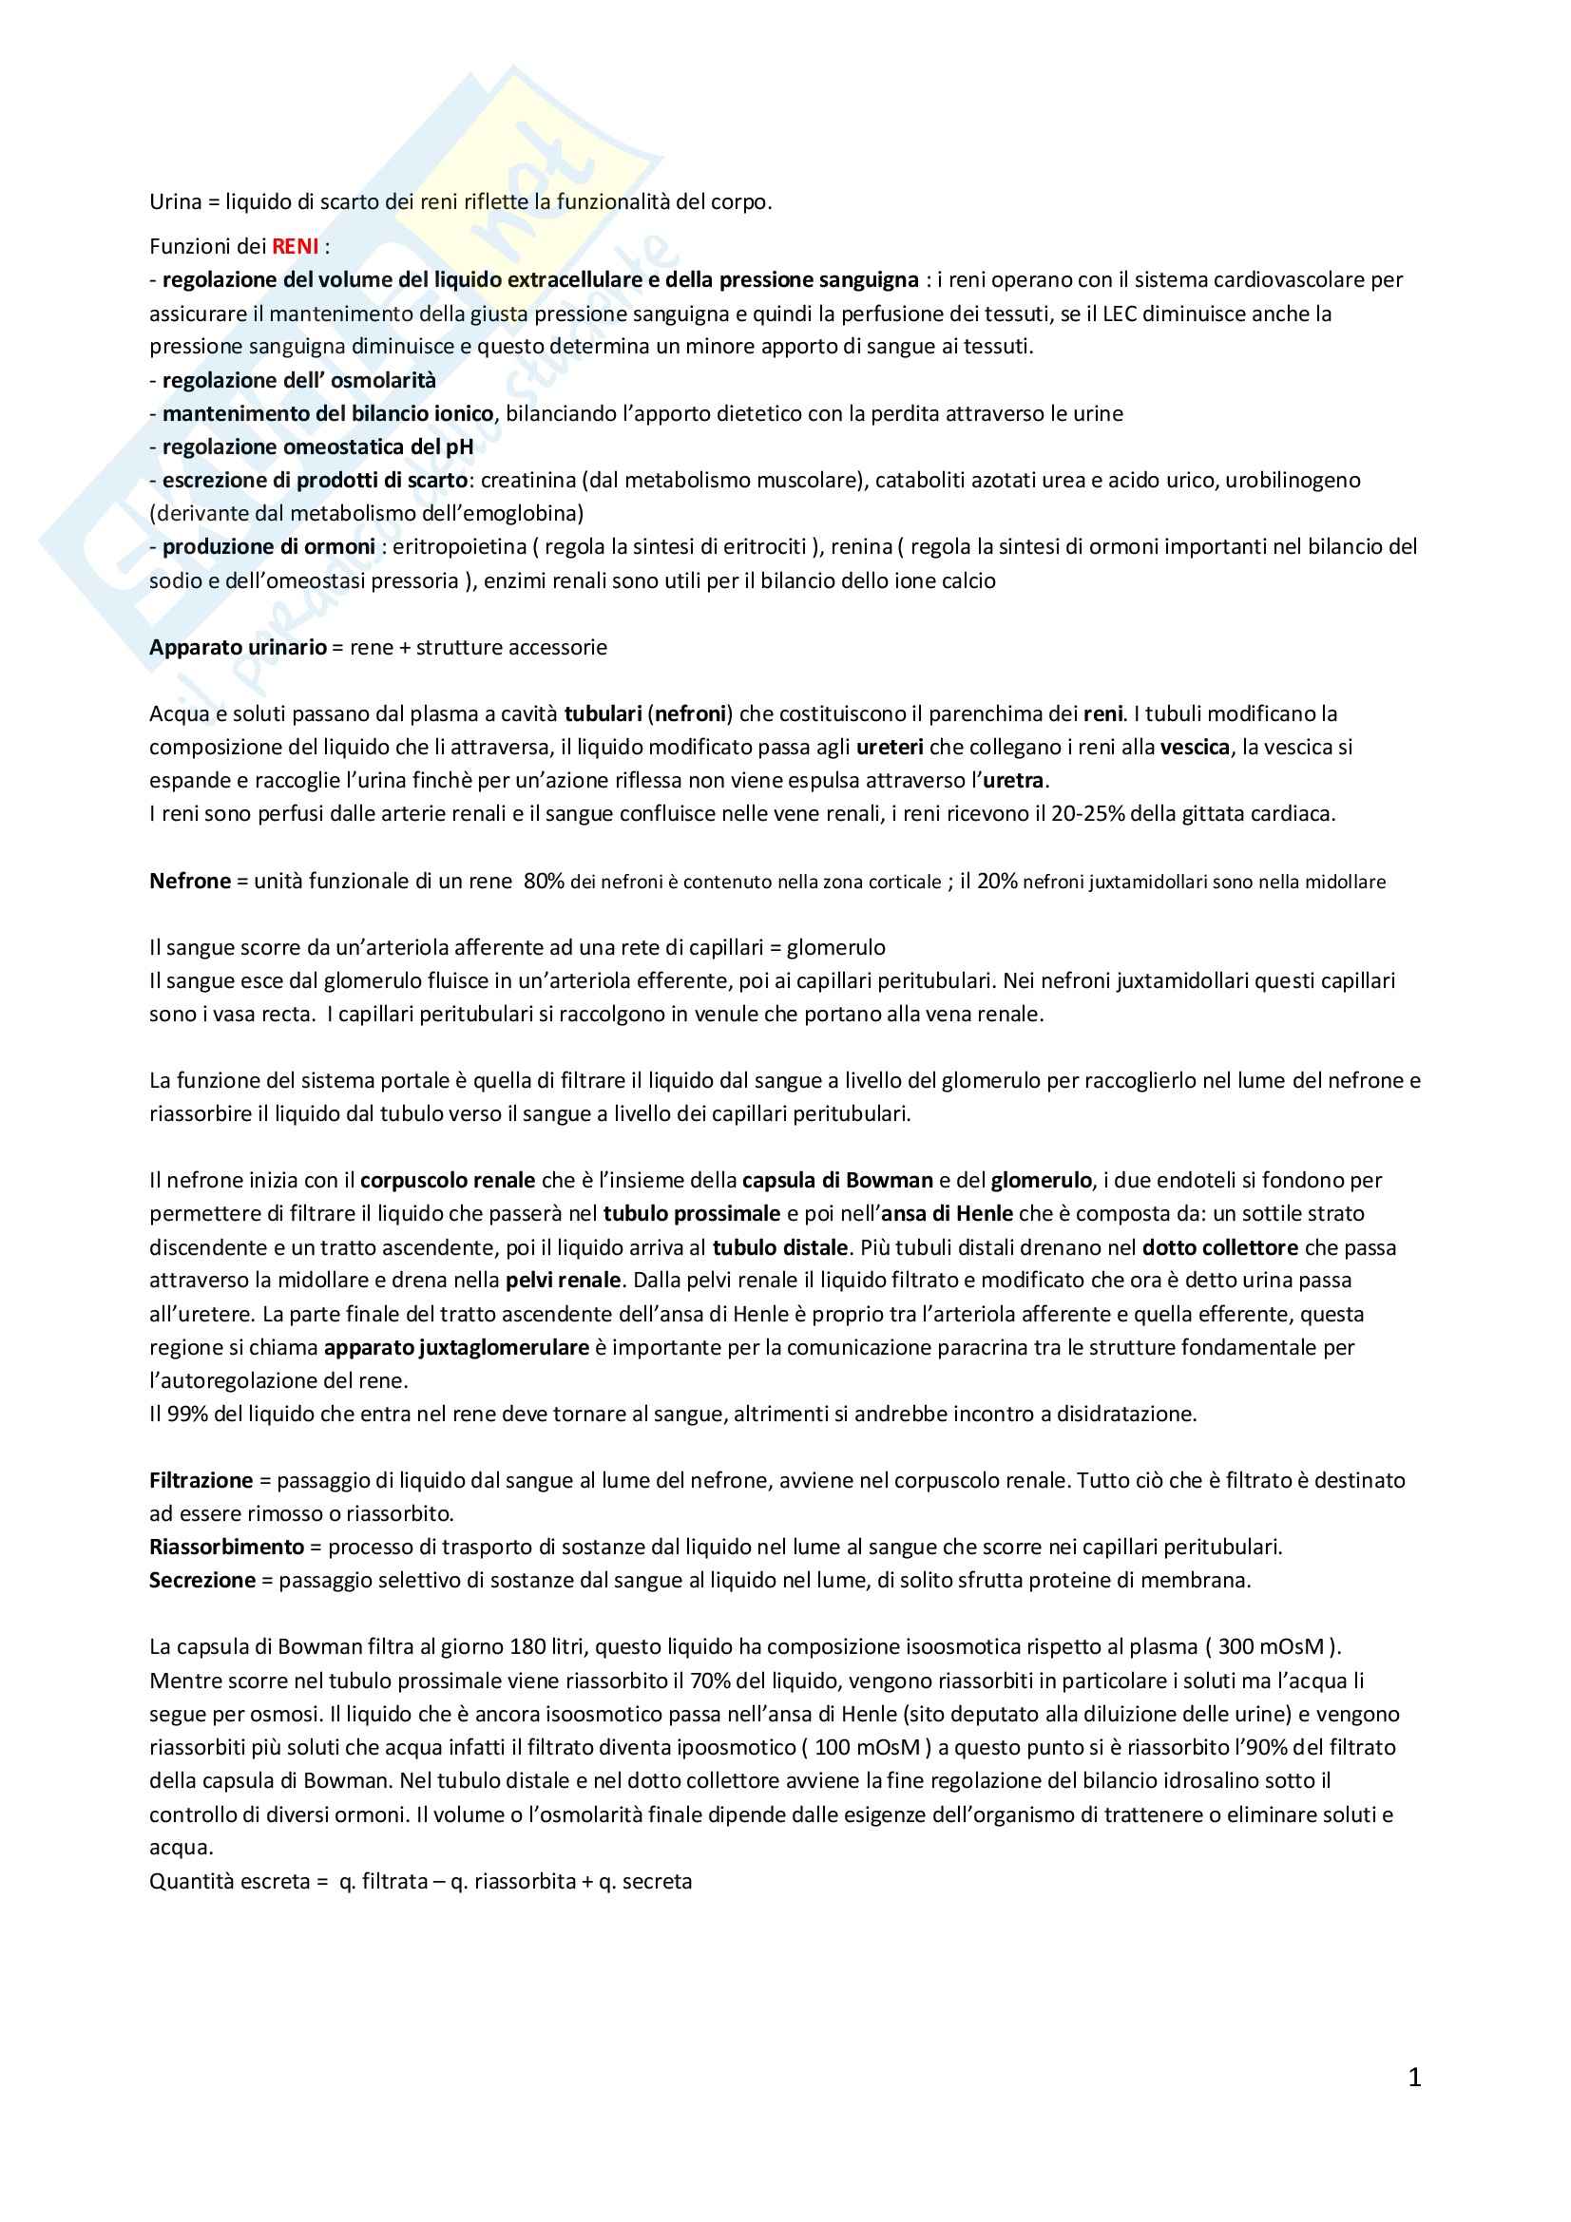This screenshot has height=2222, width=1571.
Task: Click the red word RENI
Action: pyautogui.click(x=296, y=246)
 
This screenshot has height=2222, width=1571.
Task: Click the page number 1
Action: pyautogui.click(x=1414, y=2078)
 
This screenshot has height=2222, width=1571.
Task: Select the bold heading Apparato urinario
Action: pyautogui.click(x=238, y=648)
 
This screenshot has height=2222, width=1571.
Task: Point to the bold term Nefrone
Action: pyautogui.click(x=190, y=881)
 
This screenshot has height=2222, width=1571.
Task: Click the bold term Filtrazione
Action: pyautogui.click(x=201, y=1480)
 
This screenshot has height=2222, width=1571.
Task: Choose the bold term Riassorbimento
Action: pyautogui.click(x=226, y=1547)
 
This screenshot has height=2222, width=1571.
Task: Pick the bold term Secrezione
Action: pyautogui.click(x=202, y=1581)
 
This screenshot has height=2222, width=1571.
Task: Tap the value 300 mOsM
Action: pyautogui.click(x=1268, y=1646)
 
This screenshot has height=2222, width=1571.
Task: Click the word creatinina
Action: pyautogui.click(x=533, y=480)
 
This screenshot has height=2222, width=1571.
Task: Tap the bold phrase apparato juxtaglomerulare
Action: pyautogui.click(x=456, y=1347)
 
